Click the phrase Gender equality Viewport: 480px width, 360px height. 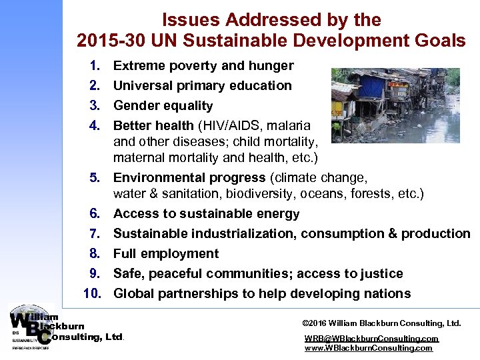163,106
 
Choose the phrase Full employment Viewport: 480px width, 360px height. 166,254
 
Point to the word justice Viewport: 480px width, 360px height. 382,274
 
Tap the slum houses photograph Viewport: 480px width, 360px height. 395,105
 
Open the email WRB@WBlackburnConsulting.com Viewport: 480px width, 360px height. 371,339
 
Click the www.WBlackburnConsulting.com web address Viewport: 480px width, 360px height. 369,348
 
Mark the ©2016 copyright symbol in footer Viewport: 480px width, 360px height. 306,323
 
